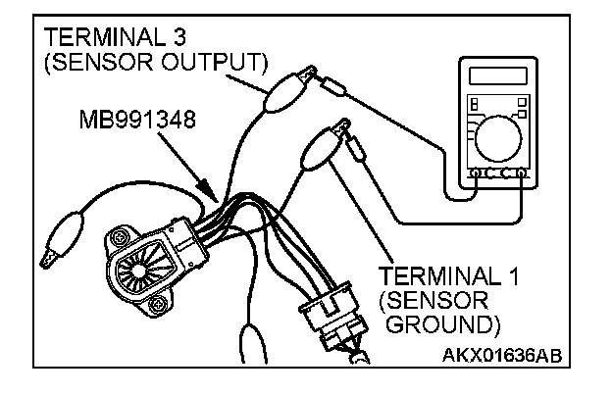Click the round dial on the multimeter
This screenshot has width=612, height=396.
(497, 136)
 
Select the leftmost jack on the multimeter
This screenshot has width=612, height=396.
(475, 174)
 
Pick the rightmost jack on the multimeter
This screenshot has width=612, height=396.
(522, 174)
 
